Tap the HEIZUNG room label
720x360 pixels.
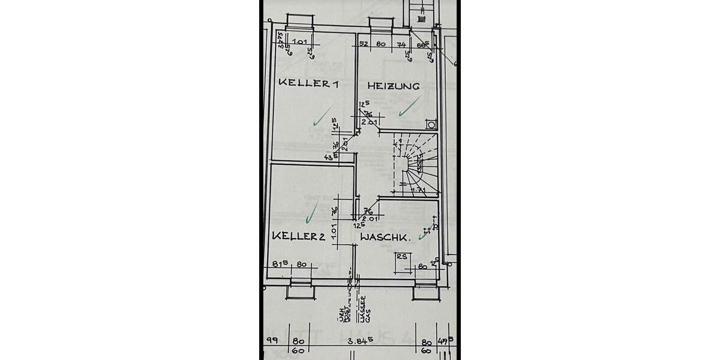[x=394, y=86]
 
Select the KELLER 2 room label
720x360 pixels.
[x=299, y=236]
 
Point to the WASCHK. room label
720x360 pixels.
[x=385, y=238]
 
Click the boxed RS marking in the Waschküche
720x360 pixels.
[x=402, y=256]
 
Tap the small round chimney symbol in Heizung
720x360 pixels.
[x=431, y=125]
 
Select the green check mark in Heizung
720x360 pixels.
[x=410, y=107]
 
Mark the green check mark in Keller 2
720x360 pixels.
[x=311, y=209]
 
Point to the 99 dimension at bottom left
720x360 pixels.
[x=271, y=340]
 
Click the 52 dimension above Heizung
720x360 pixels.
[x=364, y=44]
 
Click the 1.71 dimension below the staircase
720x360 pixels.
[x=418, y=191]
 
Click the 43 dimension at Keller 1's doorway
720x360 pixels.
[x=328, y=157]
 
